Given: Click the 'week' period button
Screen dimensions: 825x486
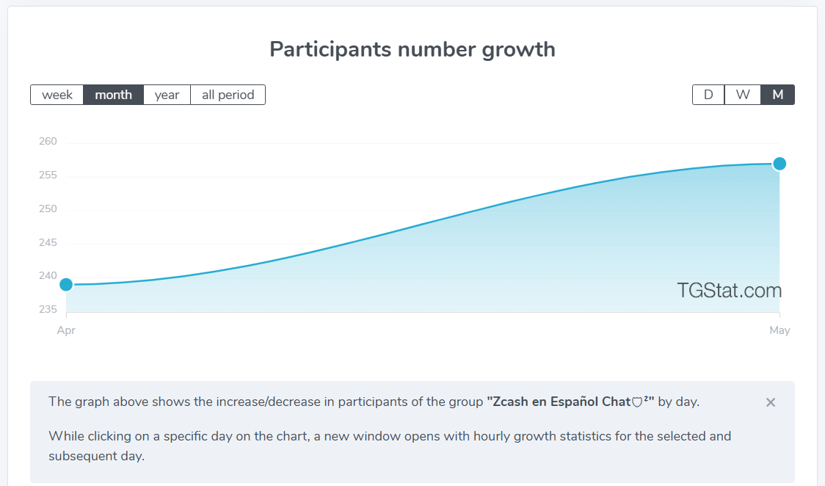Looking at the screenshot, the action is pyautogui.click(x=57, y=95).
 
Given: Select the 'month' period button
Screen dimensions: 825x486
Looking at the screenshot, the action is pyautogui.click(x=113, y=95).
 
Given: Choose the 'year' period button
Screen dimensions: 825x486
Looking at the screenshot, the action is pyautogui.click(x=167, y=95).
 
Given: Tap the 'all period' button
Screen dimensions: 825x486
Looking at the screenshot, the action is pyautogui.click(x=228, y=95).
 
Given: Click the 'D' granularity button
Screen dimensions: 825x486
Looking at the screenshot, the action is pyautogui.click(x=708, y=95).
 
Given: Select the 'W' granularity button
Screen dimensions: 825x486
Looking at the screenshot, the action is pyautogui.click(x=742, y=95).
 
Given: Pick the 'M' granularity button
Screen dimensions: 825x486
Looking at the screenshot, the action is pyautogui.click(x=777, y=95).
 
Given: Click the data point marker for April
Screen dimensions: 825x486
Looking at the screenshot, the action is pyautogui.click(x=66, y=285).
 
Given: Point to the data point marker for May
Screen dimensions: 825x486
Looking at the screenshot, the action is pyautogui.click(x=779, y=164).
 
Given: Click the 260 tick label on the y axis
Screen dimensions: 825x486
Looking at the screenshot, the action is pyautogui.click(x=48, y=141).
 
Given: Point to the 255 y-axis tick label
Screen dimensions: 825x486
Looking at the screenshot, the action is pyautogui.click(x=48, y=175).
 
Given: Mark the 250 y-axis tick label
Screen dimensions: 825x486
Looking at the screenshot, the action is pyautogui.click(x=48, y=208).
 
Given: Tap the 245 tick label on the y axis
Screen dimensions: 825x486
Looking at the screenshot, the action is pyautogui.click(x=48, y=242).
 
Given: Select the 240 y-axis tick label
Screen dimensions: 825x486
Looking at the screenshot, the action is pyautogui.click(x=48, y=275).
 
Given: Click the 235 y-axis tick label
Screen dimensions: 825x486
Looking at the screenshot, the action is pyautogui.click(x=48, y=309).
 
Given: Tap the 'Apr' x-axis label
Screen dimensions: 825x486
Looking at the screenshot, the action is pyautogui.click(x=66, y=330).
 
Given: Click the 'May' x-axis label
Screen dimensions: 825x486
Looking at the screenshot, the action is pyautogui.click(x=779, y=330).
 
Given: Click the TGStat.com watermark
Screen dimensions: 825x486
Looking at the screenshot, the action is pyautogui.click(x=730, y=290).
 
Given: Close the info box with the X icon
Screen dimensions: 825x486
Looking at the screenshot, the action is pyautogui.click(x=771, y=402).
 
